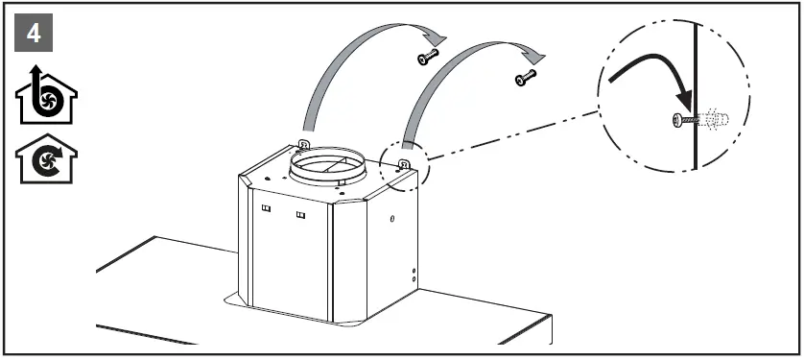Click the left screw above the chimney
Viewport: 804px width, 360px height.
point(426,60)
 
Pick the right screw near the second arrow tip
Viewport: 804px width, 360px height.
point(525,77)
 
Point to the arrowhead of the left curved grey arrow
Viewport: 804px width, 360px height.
point(437,35)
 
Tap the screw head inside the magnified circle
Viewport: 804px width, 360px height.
point(679,120)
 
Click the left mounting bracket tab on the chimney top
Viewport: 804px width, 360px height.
point(302,145)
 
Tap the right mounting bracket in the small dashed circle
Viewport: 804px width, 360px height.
point(404,163)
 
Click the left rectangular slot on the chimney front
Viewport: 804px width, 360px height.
point(266,208)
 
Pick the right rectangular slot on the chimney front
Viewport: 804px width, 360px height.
point(300,213)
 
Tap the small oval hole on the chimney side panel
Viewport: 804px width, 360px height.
point(392,220)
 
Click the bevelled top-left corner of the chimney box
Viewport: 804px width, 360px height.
point(248,177)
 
